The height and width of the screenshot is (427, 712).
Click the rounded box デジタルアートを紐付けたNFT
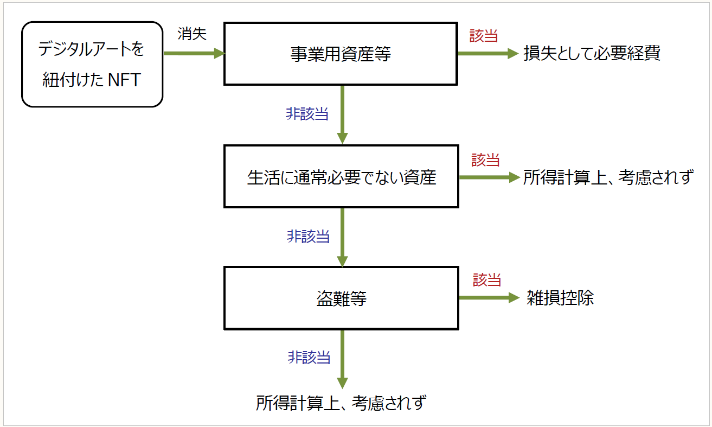tap(92, 64)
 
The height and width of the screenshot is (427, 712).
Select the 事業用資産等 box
tap(341, 54)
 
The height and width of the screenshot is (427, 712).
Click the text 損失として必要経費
tap(592, 54)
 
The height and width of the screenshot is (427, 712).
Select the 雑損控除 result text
tap(560, 298)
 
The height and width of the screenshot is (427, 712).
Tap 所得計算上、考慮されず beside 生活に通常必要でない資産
tap(607, 177)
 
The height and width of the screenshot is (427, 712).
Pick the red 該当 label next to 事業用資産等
tap(483, 36)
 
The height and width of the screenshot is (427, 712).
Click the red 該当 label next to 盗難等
tap(486, 280)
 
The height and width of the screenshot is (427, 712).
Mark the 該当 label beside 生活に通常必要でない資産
tap(485, 160)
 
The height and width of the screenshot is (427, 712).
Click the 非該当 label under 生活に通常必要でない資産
tap(308, 237)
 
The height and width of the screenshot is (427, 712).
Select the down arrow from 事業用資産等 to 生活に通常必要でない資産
tap(342, 114)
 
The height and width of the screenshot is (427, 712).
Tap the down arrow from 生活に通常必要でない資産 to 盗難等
tap(342, 237)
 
